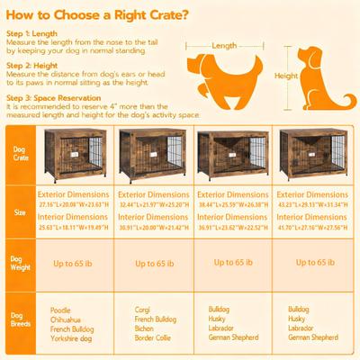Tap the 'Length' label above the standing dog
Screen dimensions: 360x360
(225, 44)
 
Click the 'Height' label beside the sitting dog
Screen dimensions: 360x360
(285, 76)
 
